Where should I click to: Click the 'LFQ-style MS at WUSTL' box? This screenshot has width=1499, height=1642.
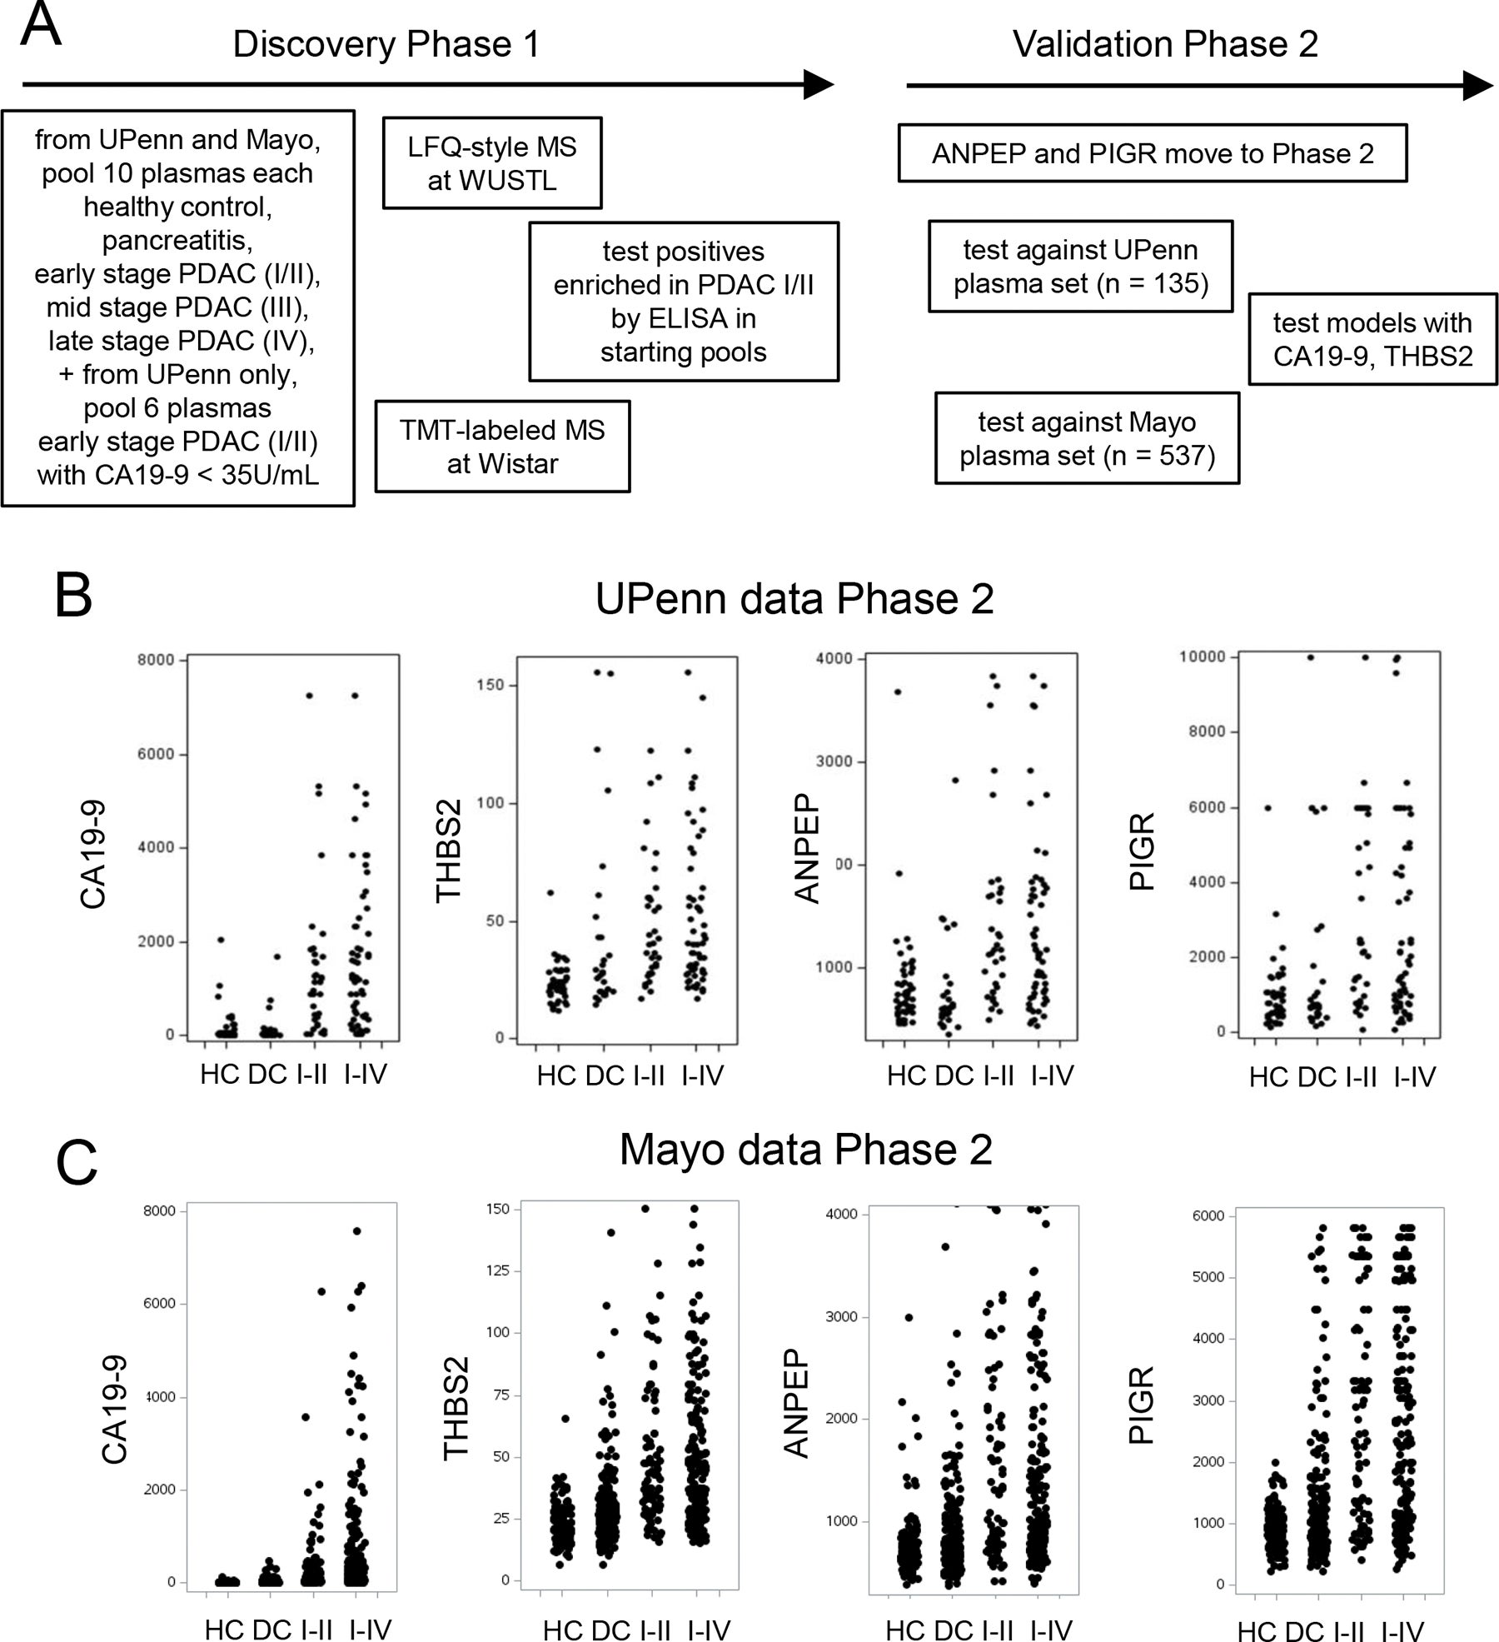point(491,163)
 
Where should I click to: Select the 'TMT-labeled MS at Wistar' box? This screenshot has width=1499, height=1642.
point(502,447)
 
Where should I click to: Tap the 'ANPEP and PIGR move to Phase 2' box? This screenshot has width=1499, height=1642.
point(1153,153)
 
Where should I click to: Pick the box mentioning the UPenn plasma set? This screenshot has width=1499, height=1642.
point(1080,267)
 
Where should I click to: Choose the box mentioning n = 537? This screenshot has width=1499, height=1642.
point(1087,439)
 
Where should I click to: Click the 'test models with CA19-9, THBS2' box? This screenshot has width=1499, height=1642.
point(1372,339)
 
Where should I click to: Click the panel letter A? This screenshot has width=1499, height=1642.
point(41,26)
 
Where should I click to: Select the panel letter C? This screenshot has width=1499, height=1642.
point(77,1164)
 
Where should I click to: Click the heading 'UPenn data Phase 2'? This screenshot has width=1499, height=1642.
point(794,599)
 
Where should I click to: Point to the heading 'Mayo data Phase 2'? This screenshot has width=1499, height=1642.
point(805,1150)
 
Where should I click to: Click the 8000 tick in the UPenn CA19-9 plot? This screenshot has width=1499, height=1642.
point(157,660)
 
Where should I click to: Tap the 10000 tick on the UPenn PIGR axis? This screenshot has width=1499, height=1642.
point(1203,657)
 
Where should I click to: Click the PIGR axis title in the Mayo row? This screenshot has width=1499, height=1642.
point(1141,1405)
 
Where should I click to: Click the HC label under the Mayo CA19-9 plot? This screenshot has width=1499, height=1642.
point(224,1630)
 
